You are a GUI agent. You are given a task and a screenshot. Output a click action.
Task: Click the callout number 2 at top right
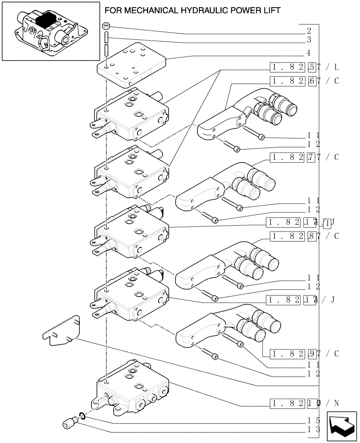point(309,31)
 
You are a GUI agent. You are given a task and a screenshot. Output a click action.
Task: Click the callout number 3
point(309,40)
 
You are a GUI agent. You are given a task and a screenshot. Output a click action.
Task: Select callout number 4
point(309,53)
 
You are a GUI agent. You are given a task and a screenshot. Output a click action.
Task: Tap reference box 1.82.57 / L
point(304,67)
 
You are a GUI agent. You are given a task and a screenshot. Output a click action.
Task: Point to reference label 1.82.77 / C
point(304,157)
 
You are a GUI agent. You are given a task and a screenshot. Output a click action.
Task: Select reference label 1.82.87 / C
point(304,236)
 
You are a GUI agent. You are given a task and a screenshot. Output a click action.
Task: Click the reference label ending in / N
point(304,403)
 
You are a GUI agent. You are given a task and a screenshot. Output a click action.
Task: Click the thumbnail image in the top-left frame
point(50,31)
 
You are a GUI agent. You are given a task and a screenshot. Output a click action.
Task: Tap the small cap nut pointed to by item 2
point(106,27)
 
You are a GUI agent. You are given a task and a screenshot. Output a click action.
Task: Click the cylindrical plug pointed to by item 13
point(69,425)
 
